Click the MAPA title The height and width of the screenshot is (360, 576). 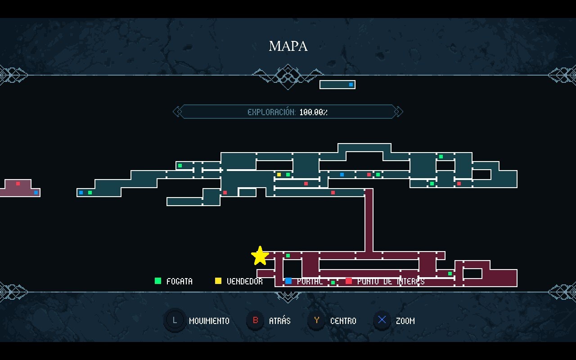(288, 46)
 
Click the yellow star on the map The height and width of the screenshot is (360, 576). (260, 256)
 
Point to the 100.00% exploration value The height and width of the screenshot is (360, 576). (313, 112)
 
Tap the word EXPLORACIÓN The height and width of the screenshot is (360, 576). (271, 112)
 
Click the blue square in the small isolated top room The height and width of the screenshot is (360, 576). (351, 85)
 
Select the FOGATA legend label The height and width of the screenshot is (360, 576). (180, 281)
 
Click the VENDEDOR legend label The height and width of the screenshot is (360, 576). (244, 281)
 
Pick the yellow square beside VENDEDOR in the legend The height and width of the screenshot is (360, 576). (218, 281)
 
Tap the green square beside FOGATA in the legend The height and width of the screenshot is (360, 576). (158, 281)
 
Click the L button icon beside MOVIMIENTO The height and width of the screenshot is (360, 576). (175, 320)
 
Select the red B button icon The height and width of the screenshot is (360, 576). (256, 320)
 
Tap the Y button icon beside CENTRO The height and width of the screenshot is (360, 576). (317, 320)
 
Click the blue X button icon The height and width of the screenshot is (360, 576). (382, 320)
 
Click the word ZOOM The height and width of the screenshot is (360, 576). (405, 321)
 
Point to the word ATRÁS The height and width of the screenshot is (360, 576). (279, 321)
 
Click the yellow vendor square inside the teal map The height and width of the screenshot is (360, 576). (279, 175)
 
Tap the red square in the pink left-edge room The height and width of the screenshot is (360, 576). (18, 184)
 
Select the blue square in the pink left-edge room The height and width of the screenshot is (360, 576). (36, 193)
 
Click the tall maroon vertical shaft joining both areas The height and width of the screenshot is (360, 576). (369, 220)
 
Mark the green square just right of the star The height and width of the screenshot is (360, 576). (288, 256)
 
